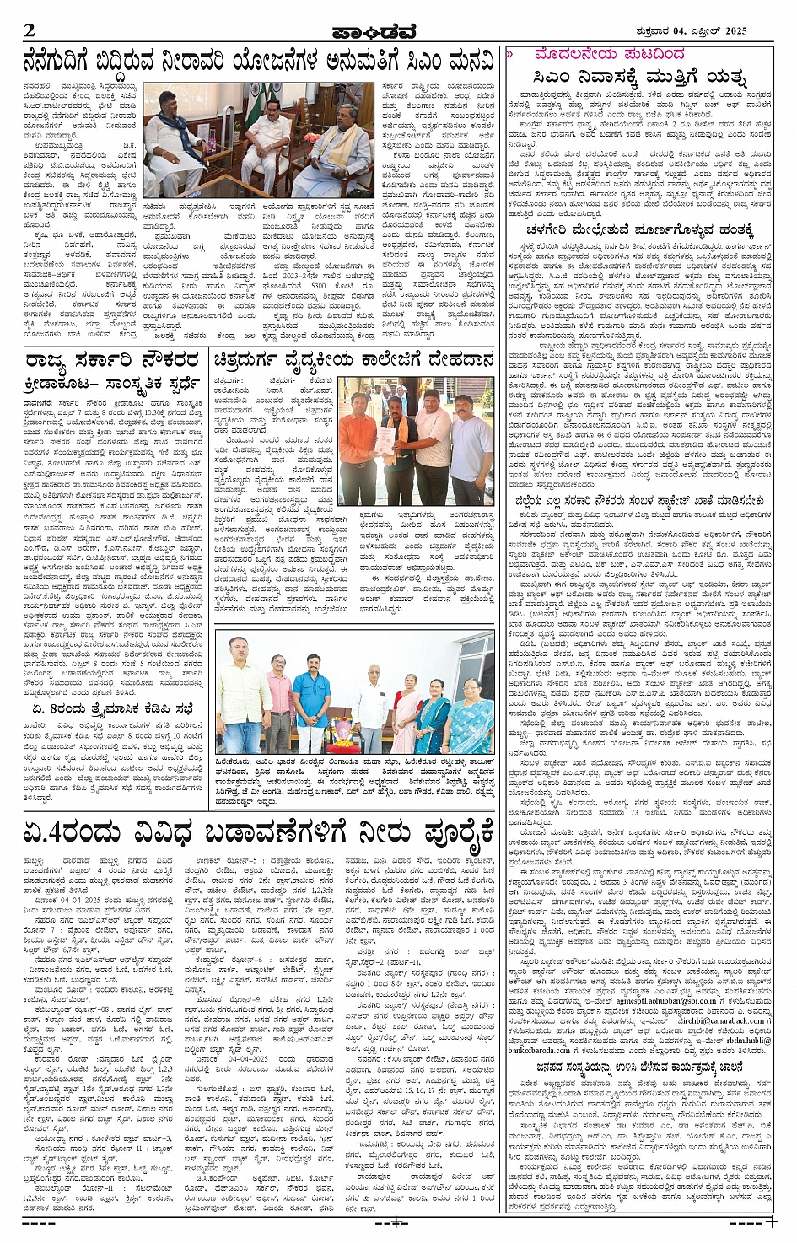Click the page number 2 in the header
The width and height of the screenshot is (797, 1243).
30,31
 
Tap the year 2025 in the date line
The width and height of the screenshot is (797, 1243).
735,30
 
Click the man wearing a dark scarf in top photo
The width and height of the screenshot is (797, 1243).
176,143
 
